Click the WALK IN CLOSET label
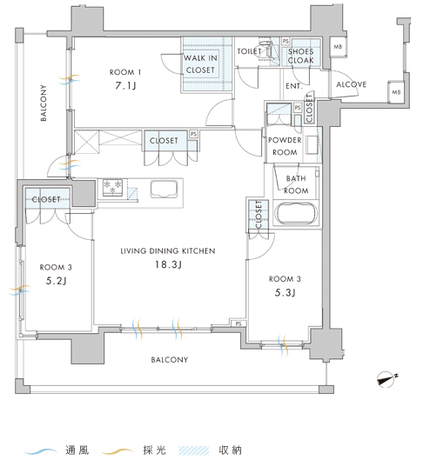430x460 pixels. pyautogui.click(x=200, y=64)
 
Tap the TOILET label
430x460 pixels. pyautogui.click(x=249, y=51)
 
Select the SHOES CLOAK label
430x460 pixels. pyautogui.click(x=301, y=56)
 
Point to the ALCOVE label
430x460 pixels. pyautogui.click(x=352, y=84)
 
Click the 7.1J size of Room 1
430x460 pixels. pyautogui.click(x=125, y=86)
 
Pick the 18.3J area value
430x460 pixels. pyautogui.click(x=168, y=264)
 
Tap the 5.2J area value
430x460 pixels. pyautogui.click(x=56, y=281)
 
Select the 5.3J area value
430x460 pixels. pyautogui.click(x=285, y=292)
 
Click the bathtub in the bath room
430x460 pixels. pyautogui.click(x=295, y=213)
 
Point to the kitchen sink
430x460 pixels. pyautogui.click(x=164, y=190)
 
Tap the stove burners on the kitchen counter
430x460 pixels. pyautogui.click(x=112, y=187)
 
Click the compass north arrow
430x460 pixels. pyautogui.click(x=386, y=380)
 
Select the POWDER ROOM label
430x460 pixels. pyautogui.click(x=285, y=146)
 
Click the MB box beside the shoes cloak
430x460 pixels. pyautogui.click(x=338, y=47)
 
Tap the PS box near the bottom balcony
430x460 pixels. pyautogui.click(x=239, y=323)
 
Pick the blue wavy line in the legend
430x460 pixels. pyautogui.click(x=41, y=450)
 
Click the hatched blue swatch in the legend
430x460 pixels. pyautogui.click(x=194, y=450)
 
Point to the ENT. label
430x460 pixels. pyautogui.click(x=293, y=86)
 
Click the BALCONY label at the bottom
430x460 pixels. pyautogui.click(x=170, y=360)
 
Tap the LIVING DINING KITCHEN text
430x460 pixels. pyautogui.click(x=168, y=250)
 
